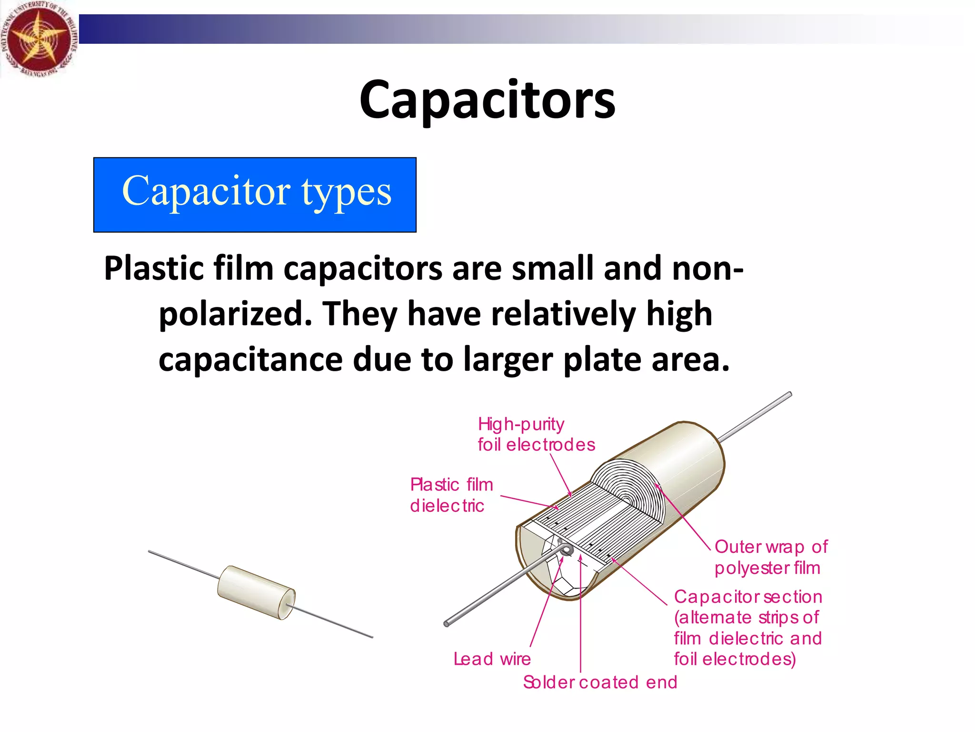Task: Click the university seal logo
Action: coord(38,39)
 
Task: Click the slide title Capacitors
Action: coord(487,100)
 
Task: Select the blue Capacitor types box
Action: coord(255,194)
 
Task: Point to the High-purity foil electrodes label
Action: coord(536,434)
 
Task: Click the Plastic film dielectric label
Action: coord(451,495)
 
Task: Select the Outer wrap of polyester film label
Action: coord(770,557)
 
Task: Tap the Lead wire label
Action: coord(492,659)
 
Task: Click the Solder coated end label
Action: coord(599,682)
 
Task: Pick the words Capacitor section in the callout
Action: coord(747,597)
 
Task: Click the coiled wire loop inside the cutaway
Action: coord(567,550)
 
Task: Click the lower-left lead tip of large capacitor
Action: coord(448,623)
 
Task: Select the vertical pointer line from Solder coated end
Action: coord(581,620)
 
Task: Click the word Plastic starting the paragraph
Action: coord(154,268)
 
